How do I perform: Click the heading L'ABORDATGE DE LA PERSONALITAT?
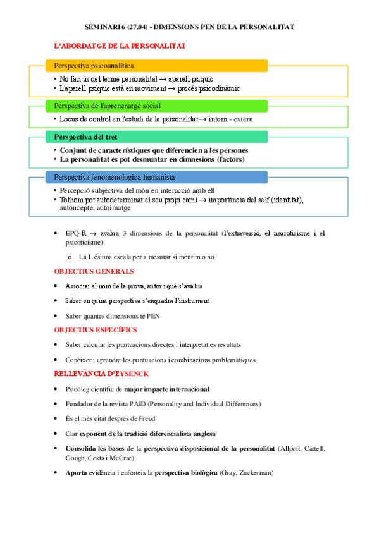(x=120, y=47)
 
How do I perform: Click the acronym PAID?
(x=144, y=404)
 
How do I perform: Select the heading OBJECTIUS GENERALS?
(x=94, y=271)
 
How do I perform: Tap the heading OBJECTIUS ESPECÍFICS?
(x=96, y=330)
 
